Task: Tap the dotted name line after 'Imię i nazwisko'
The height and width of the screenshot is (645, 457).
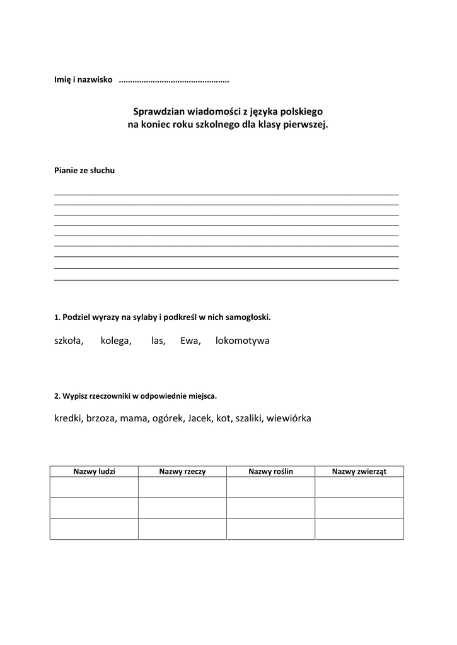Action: (x=173, y=81)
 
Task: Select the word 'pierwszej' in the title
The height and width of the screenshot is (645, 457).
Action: (x=306, y=124)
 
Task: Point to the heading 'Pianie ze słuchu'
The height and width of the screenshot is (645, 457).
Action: (x=84, y=170)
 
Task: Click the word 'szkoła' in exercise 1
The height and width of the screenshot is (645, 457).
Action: (x=68, y=341)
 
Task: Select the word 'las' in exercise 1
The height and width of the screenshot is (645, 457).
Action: (x=158, y=341)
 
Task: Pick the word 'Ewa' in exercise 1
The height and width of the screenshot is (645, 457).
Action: (x=190, y=341)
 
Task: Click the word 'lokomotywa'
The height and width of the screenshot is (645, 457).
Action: (x=242, y=341)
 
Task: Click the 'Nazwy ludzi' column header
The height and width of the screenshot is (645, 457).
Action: (x=94, y=471)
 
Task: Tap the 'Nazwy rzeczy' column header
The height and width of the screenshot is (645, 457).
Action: (x=182, y=471)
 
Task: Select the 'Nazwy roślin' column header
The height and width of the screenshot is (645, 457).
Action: (x=270, y=471)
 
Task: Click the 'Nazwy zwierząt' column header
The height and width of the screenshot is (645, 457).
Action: (x=359, y=471)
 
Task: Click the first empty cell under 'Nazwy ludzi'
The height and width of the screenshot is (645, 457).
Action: (x=94, y=488)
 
